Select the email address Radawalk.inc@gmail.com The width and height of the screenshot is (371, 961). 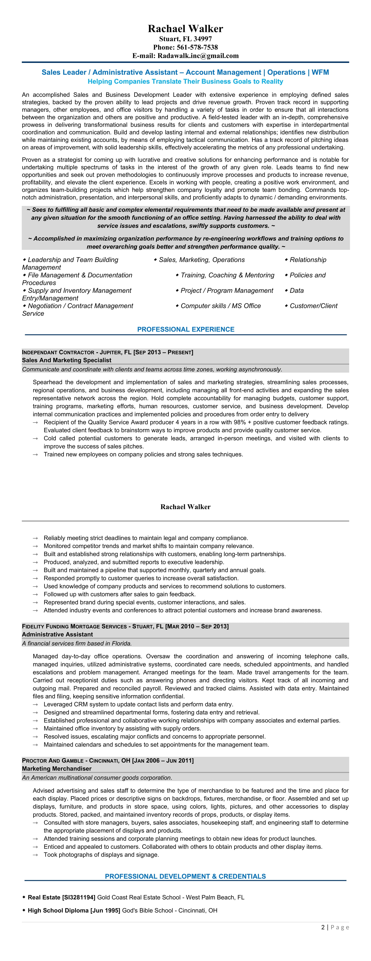pos(198,56)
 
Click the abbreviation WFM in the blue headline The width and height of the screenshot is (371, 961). pos(320,72)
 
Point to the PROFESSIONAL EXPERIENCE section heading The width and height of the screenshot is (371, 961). pos(186,329)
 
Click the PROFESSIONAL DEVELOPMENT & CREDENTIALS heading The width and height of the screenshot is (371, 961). pos(185,876)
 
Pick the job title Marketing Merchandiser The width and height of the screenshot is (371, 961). pos(57,769)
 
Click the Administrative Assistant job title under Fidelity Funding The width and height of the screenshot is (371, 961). pos(57,634)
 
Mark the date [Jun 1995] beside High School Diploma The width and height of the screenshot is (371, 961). pos(105,910)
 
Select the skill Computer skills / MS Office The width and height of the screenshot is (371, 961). pos(221,306)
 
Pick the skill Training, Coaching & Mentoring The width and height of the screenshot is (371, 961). pos(227,275)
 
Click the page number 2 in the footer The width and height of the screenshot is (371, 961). pos(323,927)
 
